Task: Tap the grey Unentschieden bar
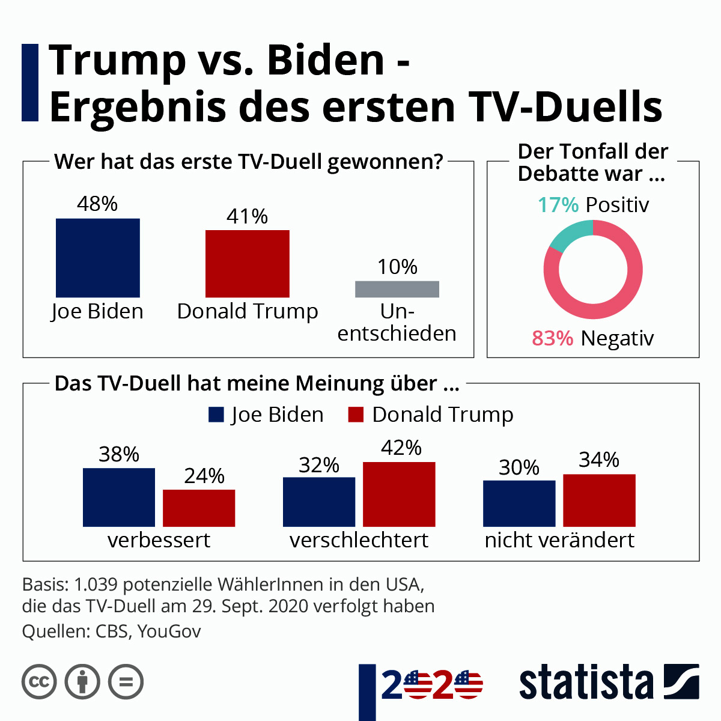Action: tap(397, 289)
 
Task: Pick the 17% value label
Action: tap(558, 205)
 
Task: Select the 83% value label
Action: tap(552, 338)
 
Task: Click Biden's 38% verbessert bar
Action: tap(118, 497)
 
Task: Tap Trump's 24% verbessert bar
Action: tap(199, 508)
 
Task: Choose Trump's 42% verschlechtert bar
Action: tap(399, 494)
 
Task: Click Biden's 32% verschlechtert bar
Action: tap(318, 502)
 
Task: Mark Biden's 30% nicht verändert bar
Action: tap(519, 503)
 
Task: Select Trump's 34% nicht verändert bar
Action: tap(599, 500)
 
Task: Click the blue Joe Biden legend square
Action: tap(216, 415)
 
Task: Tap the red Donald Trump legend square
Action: tap(356, 415)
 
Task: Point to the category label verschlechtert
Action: tap(359, 540)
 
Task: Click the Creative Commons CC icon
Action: tap(39, 682)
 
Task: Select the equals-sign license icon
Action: tap(126, 682)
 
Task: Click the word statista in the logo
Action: tap(586, 683)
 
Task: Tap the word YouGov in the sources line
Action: tap(169, 631)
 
